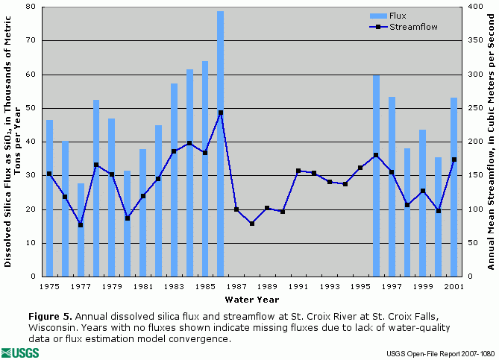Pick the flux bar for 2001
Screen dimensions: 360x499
pos(454,186)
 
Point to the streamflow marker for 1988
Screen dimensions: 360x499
pos(252,224)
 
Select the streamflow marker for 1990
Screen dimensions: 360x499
pos(283,212)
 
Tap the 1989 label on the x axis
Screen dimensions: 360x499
pos(267,286)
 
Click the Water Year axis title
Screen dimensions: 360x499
pos(252,300)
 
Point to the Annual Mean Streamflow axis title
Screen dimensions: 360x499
pos(492,142)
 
